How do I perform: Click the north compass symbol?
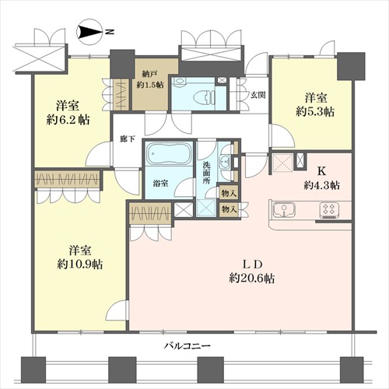[89, 32]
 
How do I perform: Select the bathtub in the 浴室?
[169, 154]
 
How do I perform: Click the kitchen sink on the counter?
[284, 209]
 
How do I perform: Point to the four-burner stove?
[329, 209]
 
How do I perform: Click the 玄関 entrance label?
[258, 95]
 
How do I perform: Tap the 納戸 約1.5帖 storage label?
[150, 79]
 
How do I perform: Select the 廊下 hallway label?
[128, 139]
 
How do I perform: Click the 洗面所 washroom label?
[206, 173]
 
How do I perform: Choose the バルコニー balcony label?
[187, 345]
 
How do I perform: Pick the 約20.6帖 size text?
[252, 279]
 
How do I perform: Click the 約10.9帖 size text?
[80, 265]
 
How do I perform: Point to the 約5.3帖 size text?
[315, 112]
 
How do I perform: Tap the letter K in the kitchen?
[321, 171]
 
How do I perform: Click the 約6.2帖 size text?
[68, 120]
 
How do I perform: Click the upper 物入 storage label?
[229, 193]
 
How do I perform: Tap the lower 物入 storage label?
[229, 209]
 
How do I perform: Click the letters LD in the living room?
[253, 265]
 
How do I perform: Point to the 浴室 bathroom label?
[160, 184]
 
